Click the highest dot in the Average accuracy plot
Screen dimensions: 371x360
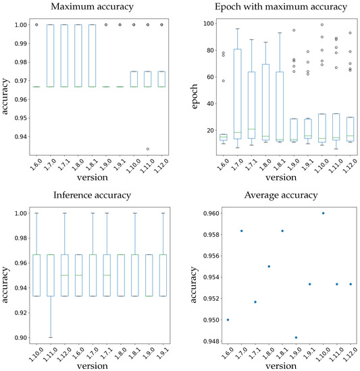point(323,213)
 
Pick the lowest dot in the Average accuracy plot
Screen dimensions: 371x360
point(296,337)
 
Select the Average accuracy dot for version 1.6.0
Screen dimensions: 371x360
point(228,320)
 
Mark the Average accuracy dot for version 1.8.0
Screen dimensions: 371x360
point(269,266)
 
